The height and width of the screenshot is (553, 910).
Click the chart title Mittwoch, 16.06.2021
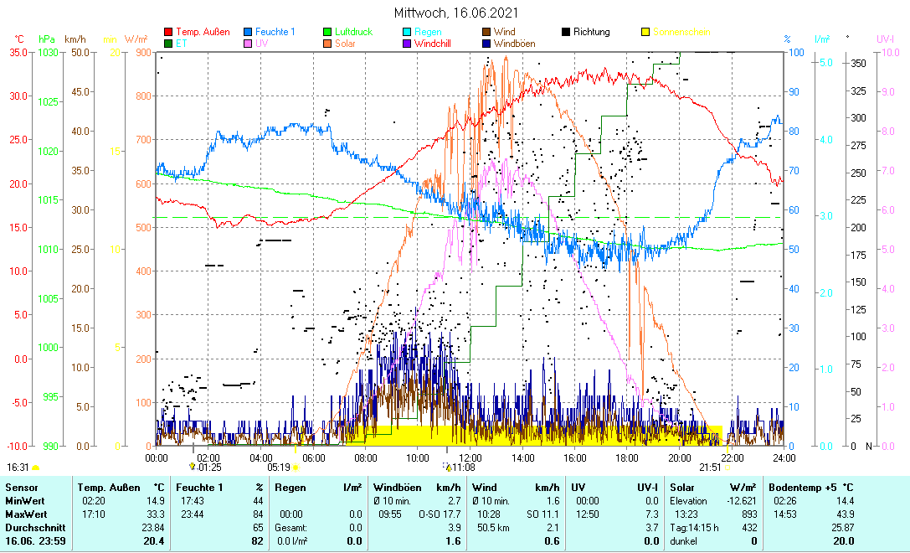455,13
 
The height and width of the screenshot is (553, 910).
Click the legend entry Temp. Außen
202,32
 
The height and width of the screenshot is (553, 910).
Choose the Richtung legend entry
591,32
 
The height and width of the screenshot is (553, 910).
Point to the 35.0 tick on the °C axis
18,52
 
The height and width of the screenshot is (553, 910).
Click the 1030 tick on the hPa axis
49,52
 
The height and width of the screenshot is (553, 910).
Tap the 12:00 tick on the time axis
470,457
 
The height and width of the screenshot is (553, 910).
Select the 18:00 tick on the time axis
626,457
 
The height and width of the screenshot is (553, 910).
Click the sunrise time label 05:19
279,468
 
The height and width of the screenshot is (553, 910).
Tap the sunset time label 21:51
709,468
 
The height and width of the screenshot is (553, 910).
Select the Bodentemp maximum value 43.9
846,513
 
